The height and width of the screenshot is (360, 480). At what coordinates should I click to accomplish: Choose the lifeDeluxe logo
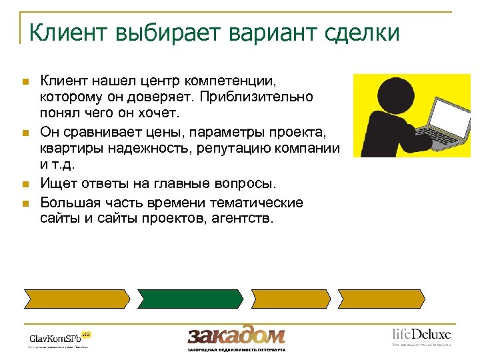pos(421,335)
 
